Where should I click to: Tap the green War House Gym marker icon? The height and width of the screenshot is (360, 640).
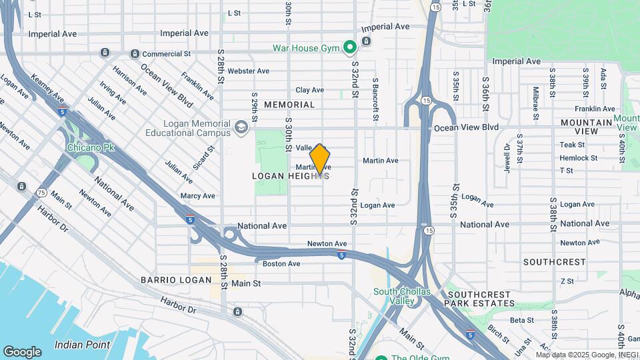(349, 47)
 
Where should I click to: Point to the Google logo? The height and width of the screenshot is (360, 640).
(22, 352)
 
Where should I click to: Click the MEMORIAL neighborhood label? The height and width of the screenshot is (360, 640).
(289, 105)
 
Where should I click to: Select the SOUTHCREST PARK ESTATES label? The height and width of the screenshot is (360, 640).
(481, 298)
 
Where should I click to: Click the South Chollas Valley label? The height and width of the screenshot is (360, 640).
(402, 296)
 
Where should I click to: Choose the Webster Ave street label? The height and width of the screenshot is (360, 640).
(248, 71)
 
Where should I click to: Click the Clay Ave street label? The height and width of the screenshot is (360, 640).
(309, 90)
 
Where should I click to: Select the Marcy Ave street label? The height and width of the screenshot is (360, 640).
(197, 196)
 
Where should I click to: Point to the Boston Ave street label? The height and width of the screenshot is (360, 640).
(281, 263)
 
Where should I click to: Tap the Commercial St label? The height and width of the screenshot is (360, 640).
(166, 53)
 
